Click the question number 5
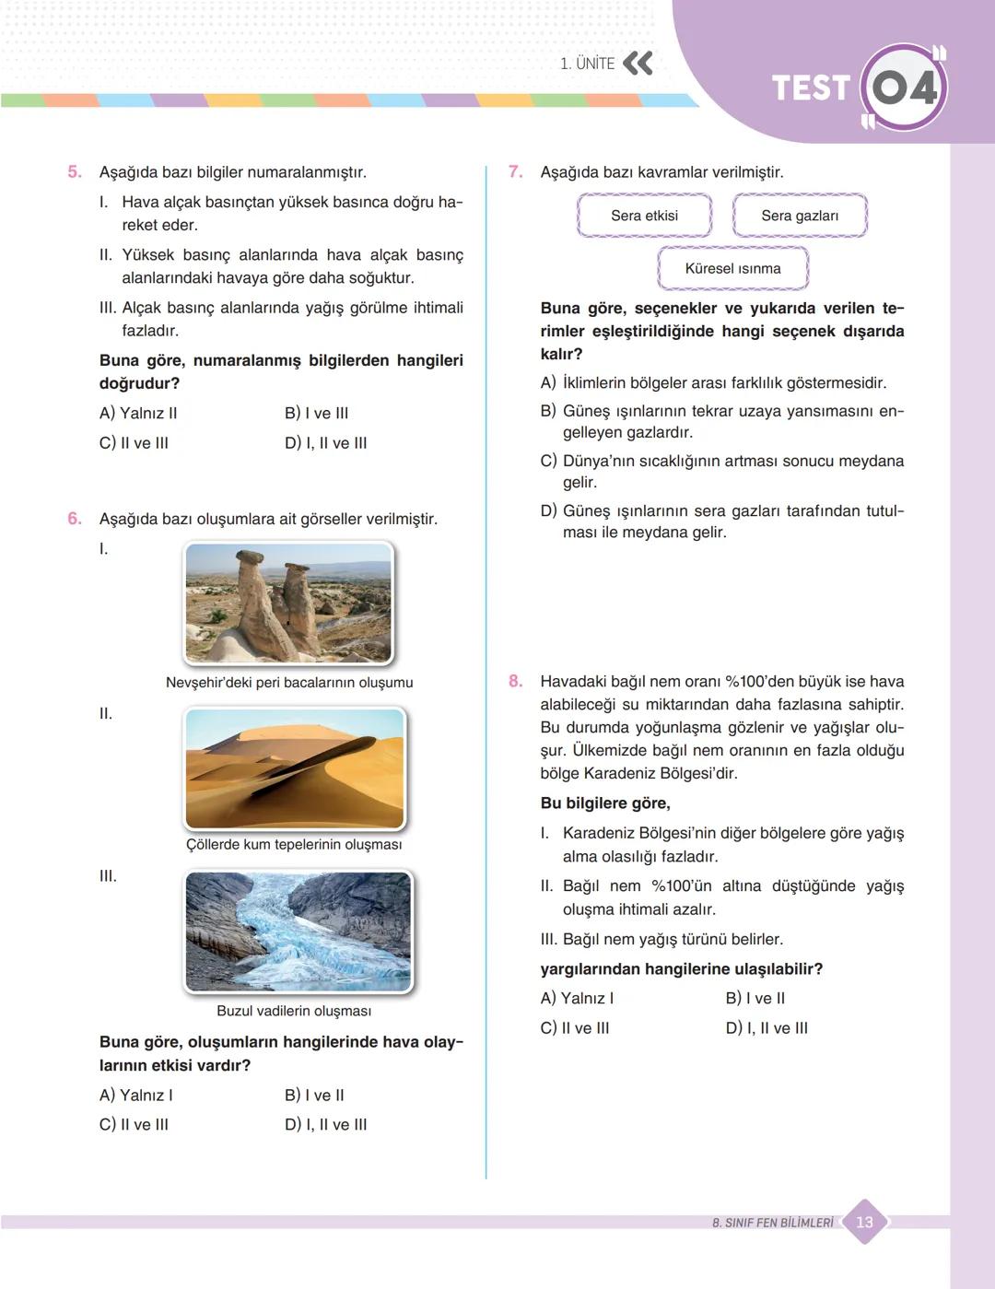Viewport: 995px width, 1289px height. tap(75, 171)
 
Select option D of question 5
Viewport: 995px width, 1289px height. tap(325, 443)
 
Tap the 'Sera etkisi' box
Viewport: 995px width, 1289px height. tap(644, 216)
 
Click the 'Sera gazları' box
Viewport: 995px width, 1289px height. tap(800, 216)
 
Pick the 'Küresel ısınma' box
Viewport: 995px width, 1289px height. tap(732, 268)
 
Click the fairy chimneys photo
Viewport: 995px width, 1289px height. tap(288, 603)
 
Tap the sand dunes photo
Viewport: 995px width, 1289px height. tap(295, 768)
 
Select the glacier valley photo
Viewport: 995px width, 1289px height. tap(298, 932)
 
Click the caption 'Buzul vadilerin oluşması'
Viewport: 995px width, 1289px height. tap(294, 1011)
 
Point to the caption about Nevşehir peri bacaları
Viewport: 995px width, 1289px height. tap(289, 683)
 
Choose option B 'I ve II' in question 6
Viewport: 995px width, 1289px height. tap(314, 1095)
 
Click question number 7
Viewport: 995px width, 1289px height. tap(515, 171)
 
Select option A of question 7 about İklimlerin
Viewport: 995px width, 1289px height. tap(713, 382)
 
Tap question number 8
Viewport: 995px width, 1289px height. tap(515, 681)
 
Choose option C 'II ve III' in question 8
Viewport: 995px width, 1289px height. tap(575, 1028)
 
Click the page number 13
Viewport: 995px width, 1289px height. tap(864, 1222)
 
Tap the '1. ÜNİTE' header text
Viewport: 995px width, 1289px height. tap(587, 64)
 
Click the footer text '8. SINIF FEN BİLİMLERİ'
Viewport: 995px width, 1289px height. tap(772, 1223)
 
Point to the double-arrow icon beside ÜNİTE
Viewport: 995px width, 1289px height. tap(638, 64)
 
